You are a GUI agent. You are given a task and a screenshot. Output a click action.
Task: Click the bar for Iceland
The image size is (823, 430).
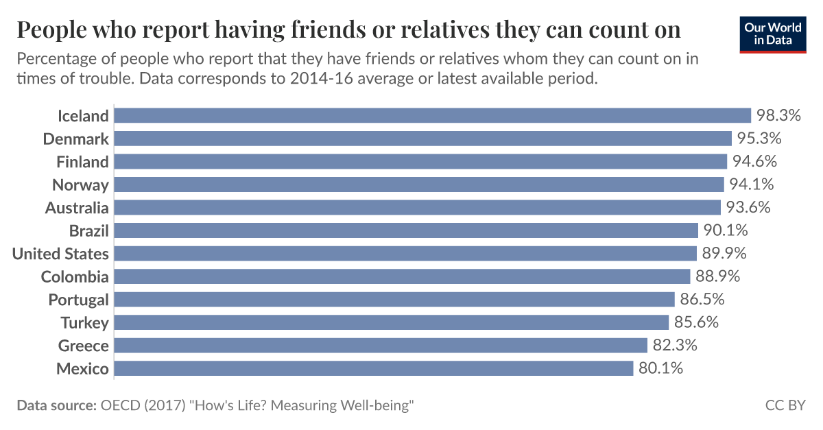[x=432, y=115]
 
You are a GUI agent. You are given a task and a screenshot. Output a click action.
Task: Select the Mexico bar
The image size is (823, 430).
[x=374, y=369]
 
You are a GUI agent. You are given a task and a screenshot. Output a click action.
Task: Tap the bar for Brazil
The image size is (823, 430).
[x=406, y=230]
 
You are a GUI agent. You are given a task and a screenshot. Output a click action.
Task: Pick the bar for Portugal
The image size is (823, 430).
[x=394, y=300]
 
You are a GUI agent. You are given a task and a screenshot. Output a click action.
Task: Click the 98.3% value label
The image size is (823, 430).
[x=779, y=115]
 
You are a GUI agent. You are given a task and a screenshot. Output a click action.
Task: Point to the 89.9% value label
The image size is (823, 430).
[x=724, y=254]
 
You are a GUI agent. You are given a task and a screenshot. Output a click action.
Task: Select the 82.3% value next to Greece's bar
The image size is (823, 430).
[x=675, y=346]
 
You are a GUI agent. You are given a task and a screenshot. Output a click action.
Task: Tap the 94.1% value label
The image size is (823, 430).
[x=752, y=184]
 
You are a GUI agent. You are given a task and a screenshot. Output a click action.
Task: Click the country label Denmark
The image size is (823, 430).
[x=75, y=139]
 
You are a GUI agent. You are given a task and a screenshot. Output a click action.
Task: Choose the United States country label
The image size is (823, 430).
[x=60, y=254]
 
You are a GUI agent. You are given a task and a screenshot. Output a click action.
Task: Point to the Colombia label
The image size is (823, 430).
[x=75, y=277]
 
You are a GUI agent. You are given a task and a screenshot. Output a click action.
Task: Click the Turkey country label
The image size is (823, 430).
[x=84, y=323]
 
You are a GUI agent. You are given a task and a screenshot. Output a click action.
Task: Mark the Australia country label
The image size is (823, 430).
[x=77, y=208]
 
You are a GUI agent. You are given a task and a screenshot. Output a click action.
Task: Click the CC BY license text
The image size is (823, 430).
[x=785, y=405]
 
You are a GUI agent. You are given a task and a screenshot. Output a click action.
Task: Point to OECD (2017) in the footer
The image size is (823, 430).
[x=143, y=405]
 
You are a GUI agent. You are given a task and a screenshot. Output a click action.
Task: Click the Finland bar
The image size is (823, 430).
[x=420, y=161]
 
